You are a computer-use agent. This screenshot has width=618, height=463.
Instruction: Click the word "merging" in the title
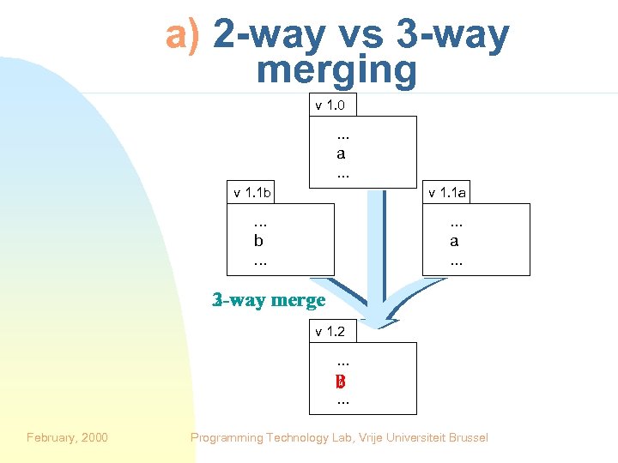coord(336,69)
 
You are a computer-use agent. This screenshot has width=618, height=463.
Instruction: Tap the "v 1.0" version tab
coord(330,105)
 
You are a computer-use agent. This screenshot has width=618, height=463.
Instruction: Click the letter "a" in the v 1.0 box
coord(342,154)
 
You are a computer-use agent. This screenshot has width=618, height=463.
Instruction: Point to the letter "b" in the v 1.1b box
coord(258,241)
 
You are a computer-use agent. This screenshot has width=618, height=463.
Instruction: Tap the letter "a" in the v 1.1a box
coord(454,241)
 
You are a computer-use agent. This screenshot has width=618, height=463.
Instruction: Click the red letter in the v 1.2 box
coord(342,382)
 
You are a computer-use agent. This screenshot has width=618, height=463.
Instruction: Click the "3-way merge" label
coord(269,300)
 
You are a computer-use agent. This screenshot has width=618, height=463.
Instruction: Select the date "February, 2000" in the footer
coord(67,437)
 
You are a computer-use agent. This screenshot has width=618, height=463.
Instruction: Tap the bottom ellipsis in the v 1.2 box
coord(342,400)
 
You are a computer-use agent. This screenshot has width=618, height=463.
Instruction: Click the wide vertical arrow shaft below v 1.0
coord(378,249)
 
